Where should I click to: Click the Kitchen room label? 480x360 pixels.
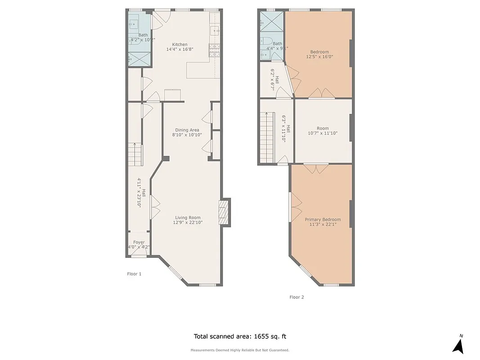tap(179, 45)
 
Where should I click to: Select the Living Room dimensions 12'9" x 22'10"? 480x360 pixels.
tap(188, 222)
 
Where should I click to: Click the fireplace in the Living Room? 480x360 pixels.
tap(224, 212)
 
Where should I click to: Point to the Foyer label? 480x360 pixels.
tap(139, 242)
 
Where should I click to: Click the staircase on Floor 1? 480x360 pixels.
tap(135, 154)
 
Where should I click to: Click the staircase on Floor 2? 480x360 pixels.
tap(267, 138)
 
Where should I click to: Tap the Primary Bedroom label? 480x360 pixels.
tap(323, 220)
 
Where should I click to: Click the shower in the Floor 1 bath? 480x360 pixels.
tap(135, 58)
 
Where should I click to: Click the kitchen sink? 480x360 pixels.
tap(215, 31)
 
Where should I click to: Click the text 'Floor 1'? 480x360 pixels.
tap(134, 274)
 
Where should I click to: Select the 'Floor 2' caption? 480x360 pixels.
tap(296, 297)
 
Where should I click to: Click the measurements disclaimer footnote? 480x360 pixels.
tap(240, 350)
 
